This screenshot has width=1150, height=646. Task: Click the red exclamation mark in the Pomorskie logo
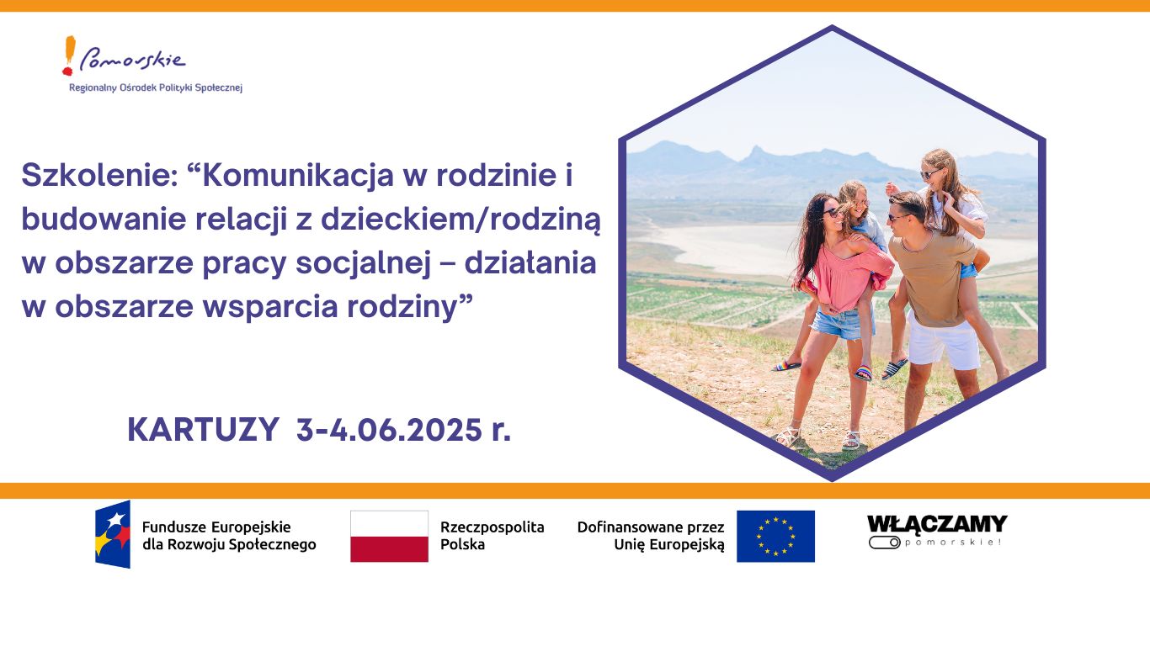69,56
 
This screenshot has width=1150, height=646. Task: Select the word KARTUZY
203,430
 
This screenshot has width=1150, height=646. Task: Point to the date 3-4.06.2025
389,430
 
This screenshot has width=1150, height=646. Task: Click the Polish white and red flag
389,536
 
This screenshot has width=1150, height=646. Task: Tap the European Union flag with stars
775,536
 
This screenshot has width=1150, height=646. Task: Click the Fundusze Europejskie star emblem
113,534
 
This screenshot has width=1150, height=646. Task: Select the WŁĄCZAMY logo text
937,524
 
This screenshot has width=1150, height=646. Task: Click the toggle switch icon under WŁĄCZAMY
885,543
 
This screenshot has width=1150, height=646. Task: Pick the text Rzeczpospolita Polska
492,536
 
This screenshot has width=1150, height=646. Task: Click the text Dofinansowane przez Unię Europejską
651,536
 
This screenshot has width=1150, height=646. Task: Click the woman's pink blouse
847,277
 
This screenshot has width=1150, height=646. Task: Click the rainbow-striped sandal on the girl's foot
864,372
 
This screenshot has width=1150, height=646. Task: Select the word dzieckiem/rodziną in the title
461,219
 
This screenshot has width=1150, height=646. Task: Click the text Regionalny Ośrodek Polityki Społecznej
156,87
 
